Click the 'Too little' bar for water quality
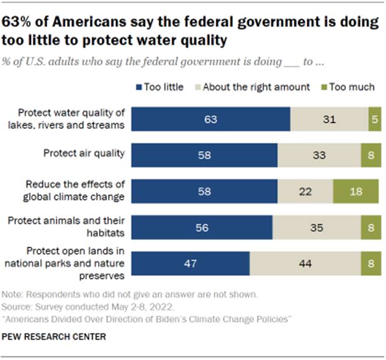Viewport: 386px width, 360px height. [x=210, y=119]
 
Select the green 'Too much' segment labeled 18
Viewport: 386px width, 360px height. [x=355, y=191]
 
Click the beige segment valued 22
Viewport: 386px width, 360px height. [x=305, y=191]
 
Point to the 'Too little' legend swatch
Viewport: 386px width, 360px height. [x=138, y=88]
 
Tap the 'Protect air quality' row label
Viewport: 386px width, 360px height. [x=84, y=153]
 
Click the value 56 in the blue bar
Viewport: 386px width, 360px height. [x=201, y=227]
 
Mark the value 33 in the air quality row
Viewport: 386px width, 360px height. [x=319, y=155]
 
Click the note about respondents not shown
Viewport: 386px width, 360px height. [x=129, y=295]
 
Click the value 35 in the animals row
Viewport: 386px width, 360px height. [x=316, y=227]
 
